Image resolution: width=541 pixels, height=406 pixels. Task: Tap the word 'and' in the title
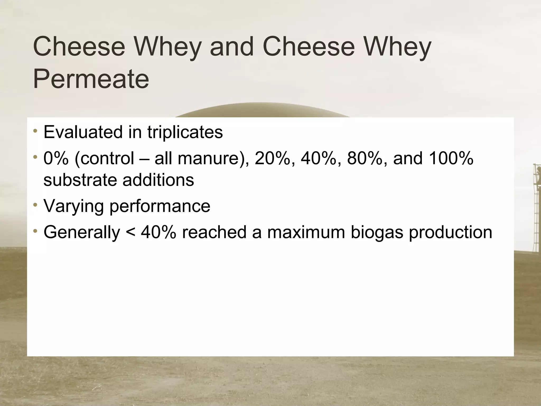click(231, 47)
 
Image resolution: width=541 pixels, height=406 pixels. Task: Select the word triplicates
click(185, 132)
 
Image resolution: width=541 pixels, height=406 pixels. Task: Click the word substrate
click(80, 180)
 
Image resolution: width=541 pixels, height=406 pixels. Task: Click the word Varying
click(74, 206)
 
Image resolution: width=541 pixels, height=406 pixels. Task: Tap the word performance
click(160, 206)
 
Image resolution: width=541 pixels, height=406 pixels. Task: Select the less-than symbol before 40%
click(130, 232)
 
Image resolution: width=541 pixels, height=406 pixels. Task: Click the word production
click(450, 232)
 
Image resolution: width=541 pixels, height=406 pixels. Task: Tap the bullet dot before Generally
click(35, 232)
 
